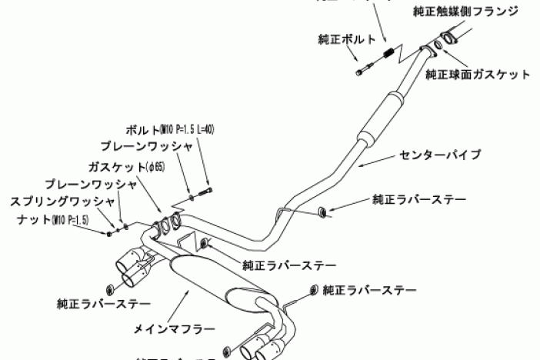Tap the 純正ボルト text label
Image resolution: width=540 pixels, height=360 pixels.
tap(347, 38)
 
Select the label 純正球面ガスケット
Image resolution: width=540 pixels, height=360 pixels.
tap(478, 75)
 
